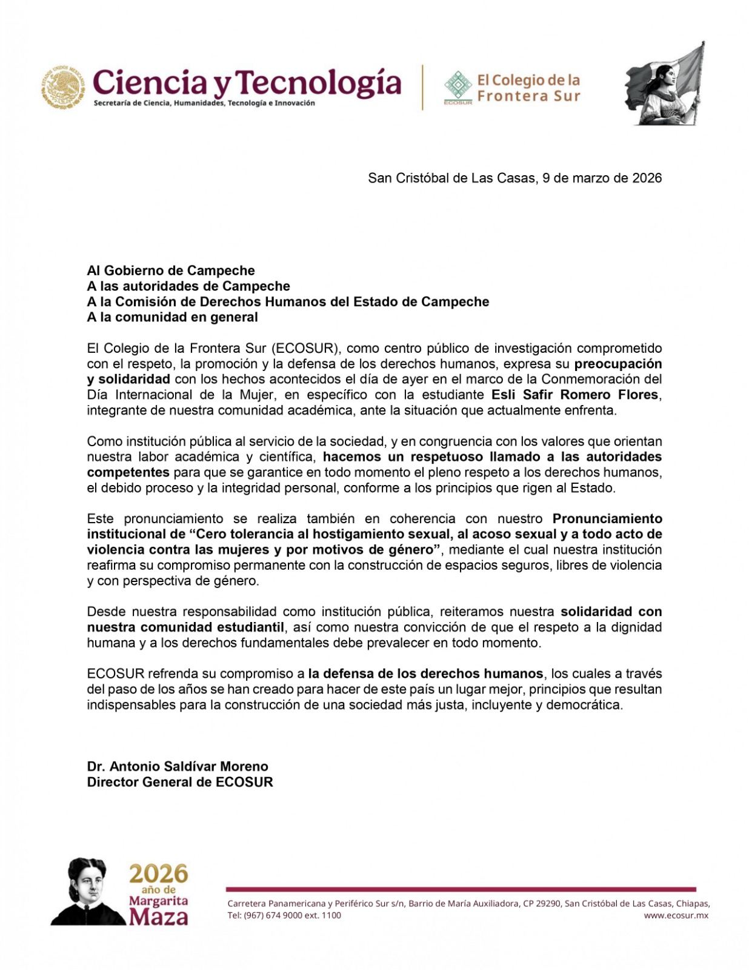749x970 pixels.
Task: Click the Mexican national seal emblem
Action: coord(63,87)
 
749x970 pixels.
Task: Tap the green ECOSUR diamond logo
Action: coord(458,85)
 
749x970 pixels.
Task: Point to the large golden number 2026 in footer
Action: coord(158,874)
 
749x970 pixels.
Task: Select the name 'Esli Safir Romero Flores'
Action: coord(574,395)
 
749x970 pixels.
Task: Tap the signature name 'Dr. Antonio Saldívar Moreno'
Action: coord(178,766)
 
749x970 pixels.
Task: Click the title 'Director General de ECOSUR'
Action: coord(180,782)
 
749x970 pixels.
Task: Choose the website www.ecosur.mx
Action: coord(676,915)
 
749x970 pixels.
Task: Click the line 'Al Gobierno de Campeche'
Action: coord(171,270)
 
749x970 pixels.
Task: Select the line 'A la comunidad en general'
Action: coord(173,317)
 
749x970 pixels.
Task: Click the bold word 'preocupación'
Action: coord(618,364)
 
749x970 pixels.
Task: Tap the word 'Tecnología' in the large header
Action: coord(318,83)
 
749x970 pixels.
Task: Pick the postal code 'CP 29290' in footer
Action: coord(544,903)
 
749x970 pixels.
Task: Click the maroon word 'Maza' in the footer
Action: coord(158,916)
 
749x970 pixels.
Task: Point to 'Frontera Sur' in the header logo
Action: coord(528,96)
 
